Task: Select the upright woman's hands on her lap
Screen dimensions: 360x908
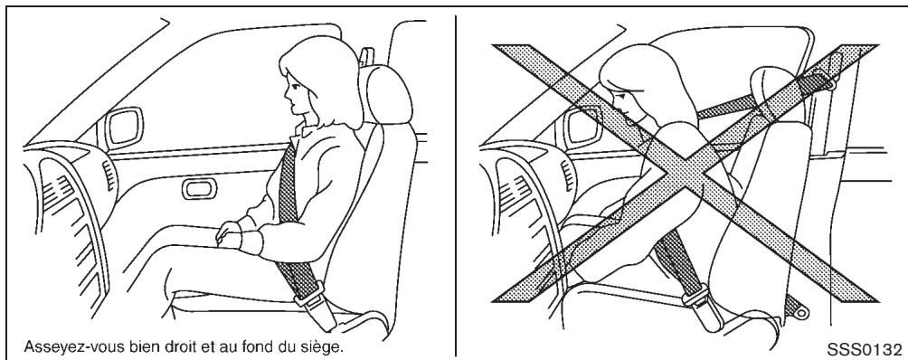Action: click(233, 237)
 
